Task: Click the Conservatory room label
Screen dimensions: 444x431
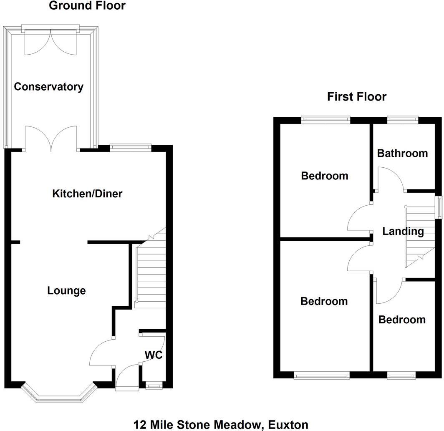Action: (x=48, y=87)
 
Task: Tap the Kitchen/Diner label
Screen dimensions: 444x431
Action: (x=87, y=194)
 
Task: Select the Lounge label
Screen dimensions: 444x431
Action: (x=66, y=290)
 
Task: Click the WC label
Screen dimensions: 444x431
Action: (x=153, y=355)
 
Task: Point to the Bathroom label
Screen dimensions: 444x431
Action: (x=402, y=153)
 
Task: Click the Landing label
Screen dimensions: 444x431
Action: (x=403, y=231)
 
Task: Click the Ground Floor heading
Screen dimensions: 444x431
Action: (x=87, y=6)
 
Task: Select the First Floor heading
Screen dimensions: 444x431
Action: (x=357, y=97)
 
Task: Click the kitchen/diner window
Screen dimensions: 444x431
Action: (x=131, y=146)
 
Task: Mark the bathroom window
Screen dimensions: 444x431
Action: (x=402, y=120)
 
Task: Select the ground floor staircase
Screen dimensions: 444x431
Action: (x=150, y=271)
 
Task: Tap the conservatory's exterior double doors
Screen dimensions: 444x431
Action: (x=51, y=42)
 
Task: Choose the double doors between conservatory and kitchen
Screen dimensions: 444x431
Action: (x=51, y=139)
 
